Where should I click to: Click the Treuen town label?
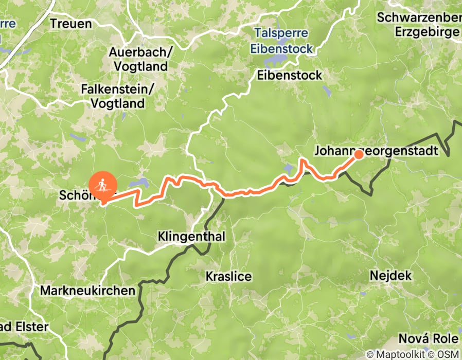click(71, 24)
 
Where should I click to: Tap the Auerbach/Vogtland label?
click(138, 59)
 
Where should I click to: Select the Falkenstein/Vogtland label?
click(117, 96)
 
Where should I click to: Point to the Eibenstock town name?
click(289, 75)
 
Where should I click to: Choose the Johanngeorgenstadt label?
click(376, 151)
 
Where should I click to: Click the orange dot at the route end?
click(359, 153)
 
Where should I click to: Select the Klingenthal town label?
click(192, 236)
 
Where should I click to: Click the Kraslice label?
click(228, 276)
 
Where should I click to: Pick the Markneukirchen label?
click(87, 291)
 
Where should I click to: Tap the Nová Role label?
click(428, 339)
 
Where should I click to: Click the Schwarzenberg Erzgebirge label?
click(419, 24)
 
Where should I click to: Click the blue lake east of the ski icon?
click(138, 183)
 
